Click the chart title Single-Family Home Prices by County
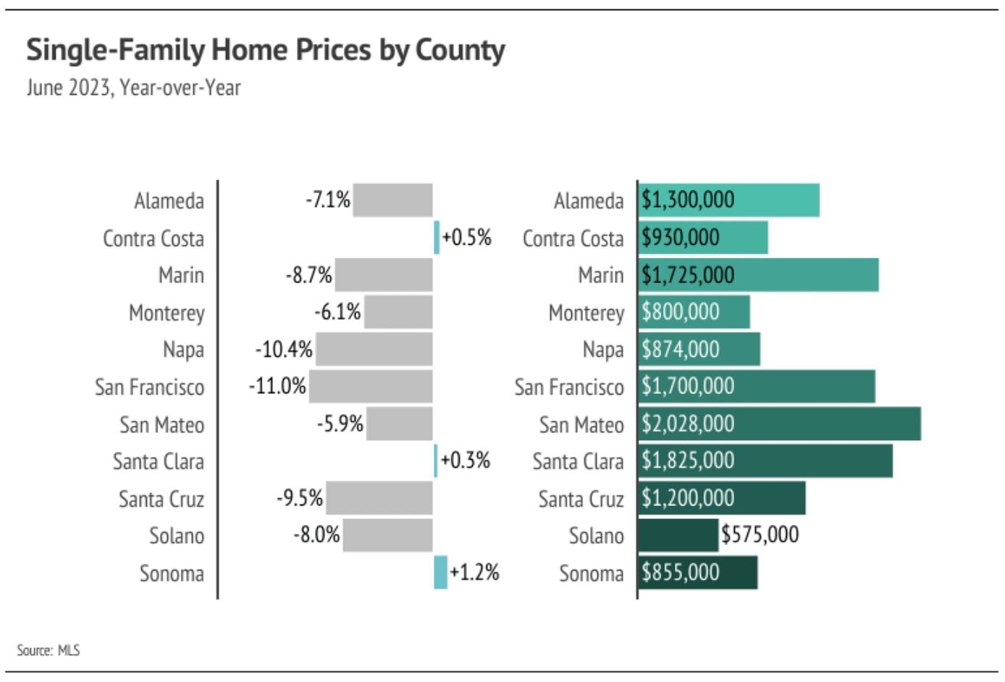[266, 51]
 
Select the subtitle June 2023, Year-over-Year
[134, 88]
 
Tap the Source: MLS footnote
[49, 650]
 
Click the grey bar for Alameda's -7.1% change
[392, 200]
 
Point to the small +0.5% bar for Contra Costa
[437, 237]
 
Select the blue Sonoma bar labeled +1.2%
[440, 572]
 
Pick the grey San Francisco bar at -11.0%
[371, 386]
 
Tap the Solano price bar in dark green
[678, 535]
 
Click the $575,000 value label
[760, 535]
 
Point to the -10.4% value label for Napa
[284, 350]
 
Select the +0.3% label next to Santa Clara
[466, 460]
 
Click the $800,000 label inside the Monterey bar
[681, 312]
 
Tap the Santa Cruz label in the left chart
[161, 499]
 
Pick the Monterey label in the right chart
[586, 313]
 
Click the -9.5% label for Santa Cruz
[300, 498]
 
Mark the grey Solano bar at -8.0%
[387, 535]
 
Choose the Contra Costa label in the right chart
[573, 238]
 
